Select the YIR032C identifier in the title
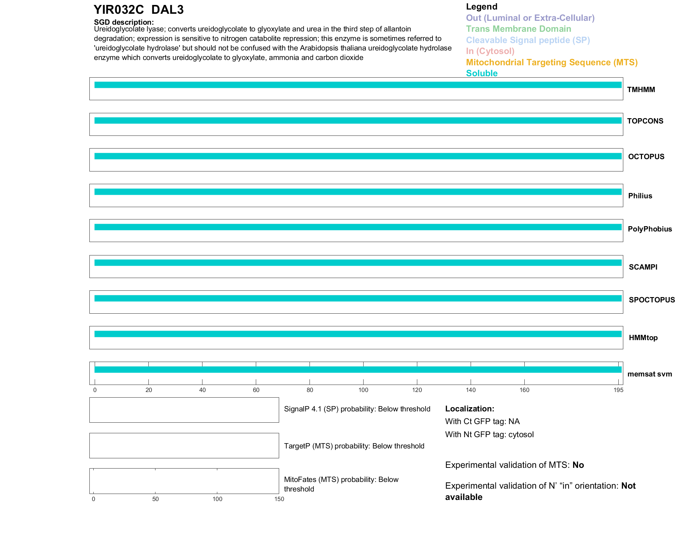point(119,10)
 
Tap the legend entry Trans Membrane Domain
point(518,29)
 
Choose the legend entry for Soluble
point(482,73)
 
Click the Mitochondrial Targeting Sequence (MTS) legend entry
point(552,62)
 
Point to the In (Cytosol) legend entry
point(490,51)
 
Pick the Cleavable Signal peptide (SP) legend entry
point(528,40)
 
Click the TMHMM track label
point(641,90)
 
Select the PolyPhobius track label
point(650,229)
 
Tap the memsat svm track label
point(649,374)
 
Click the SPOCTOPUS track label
point(652,300)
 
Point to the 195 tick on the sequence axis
point(618,390)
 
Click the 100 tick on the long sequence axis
point(363,390)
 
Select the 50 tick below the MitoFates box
point(155,499)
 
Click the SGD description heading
point(124,22)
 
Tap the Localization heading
point(470,409)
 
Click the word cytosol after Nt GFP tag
point(521,434)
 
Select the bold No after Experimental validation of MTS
point(578,465)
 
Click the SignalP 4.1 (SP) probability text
point(357,409)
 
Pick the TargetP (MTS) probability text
point(354,446)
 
